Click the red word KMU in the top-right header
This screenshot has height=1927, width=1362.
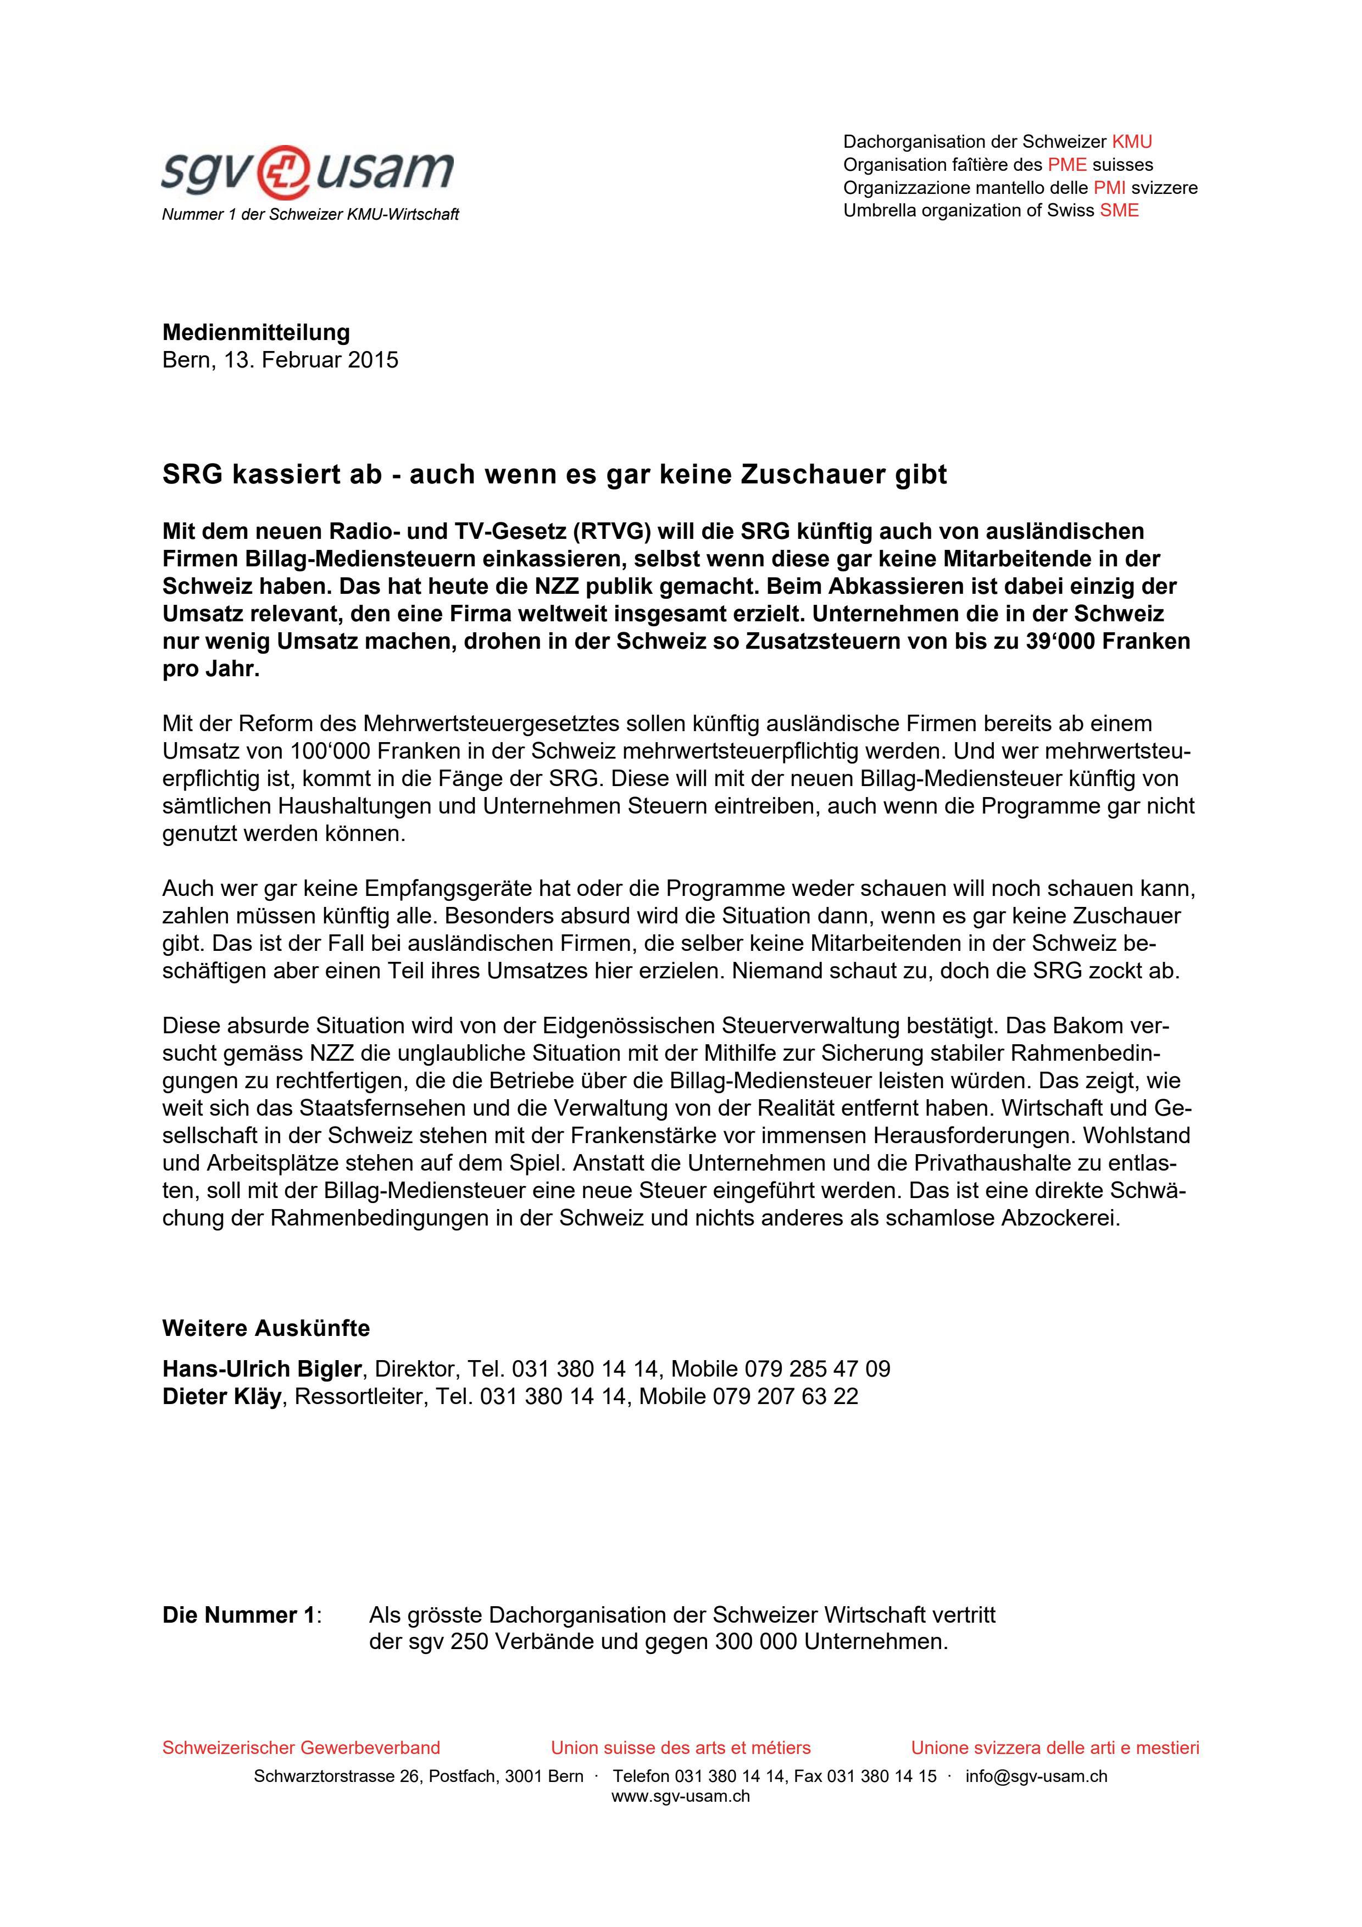click(x=1131, y=142)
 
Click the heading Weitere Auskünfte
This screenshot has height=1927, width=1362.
click(x=266, y=1329)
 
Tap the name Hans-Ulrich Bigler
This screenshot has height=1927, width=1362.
click(x=262, y=1369)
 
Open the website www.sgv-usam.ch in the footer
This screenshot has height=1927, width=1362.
click(x=681, y=1796)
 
